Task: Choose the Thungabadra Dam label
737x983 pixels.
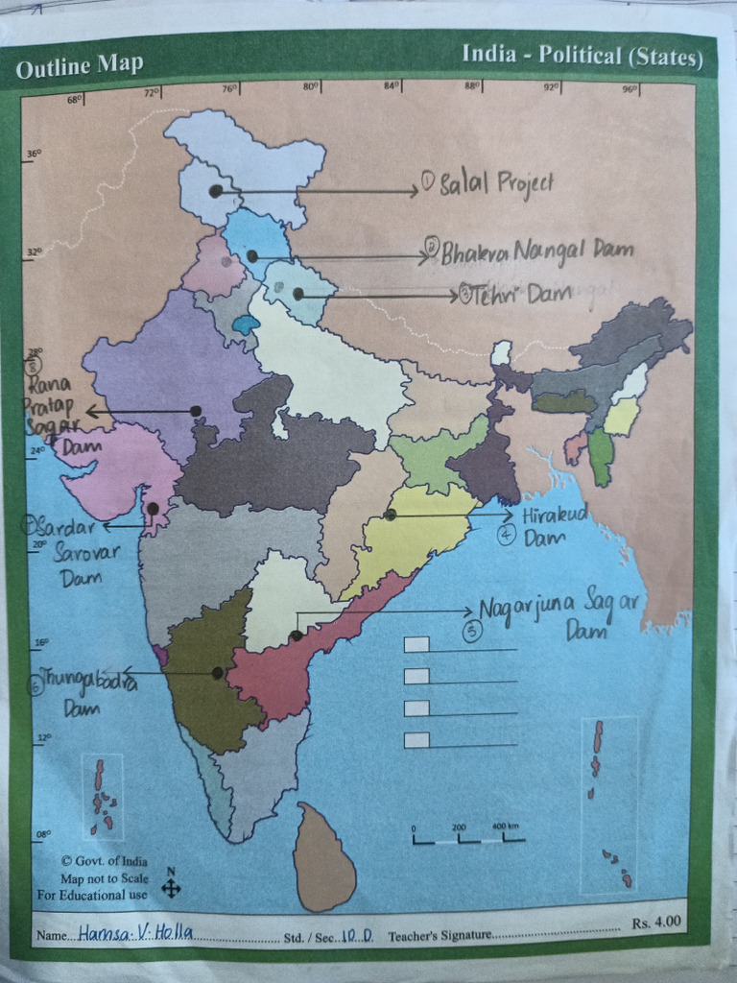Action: tap(83, 695)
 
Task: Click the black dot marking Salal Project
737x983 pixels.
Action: tap(215, 191)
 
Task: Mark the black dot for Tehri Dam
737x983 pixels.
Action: tap(297, 294)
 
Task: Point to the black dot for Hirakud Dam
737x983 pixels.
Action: tap(391, 515)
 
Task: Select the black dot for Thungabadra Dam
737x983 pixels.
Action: tap(218, 673)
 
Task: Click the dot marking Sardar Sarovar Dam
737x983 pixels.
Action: tap(153, 509)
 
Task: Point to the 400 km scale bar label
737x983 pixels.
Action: tap(505, 827)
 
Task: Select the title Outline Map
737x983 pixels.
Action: tap(80, 66)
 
